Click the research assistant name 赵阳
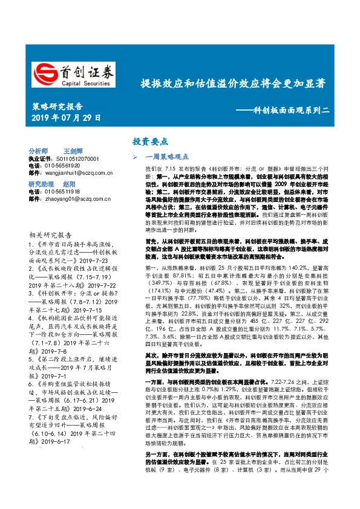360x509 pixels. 71,183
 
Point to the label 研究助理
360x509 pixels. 41,183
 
